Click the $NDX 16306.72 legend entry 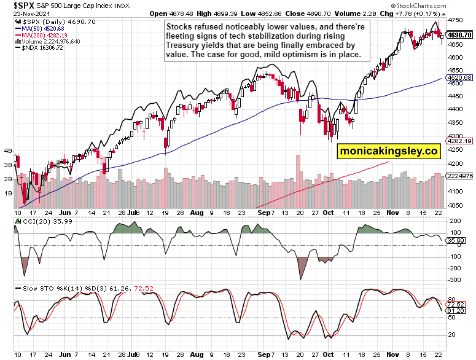(40, 47)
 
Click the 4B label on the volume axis (9, 151)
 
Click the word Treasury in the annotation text (184, 45)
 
